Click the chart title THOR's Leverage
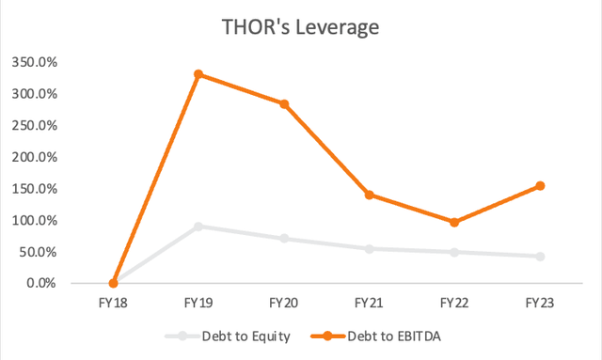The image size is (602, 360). coord(300,27)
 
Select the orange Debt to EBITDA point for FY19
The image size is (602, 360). coord(198,74)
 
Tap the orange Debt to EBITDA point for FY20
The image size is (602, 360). coord(284,104)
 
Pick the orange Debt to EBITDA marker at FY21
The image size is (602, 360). coord(370,195)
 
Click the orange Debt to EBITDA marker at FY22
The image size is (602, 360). coord(455,222)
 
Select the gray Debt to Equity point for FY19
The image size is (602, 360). coord(198,227)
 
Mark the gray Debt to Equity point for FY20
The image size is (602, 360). coord(284,239)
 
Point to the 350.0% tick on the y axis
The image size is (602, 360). coord(36,63)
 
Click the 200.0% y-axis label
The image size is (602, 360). coord(36,157)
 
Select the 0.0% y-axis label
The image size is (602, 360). coord(42,283)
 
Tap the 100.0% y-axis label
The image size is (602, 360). coord(36,220)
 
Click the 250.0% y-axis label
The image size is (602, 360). coord(36,126)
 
